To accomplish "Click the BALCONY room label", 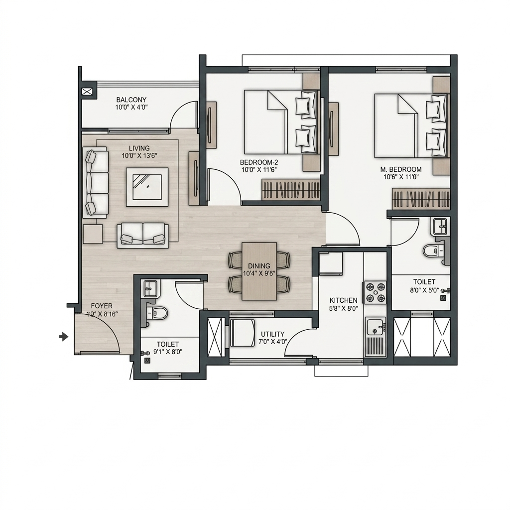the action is point(131,100).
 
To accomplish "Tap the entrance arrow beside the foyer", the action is point(64,337).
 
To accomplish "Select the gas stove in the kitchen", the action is point(376,292).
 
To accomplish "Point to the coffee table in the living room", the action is point(147,187).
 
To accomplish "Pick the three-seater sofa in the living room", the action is point(95,183).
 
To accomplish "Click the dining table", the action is point(259,271).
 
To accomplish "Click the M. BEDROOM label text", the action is point(401,169).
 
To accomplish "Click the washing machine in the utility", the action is point(243,333).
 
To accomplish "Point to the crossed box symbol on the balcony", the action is point(88,92).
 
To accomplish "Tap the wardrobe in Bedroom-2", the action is point(291,190).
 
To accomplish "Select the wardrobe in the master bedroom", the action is point(421,198).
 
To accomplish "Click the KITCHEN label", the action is point(344,300).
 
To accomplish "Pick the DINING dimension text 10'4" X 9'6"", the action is point(259,273).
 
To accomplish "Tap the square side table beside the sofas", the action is point(93,234).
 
